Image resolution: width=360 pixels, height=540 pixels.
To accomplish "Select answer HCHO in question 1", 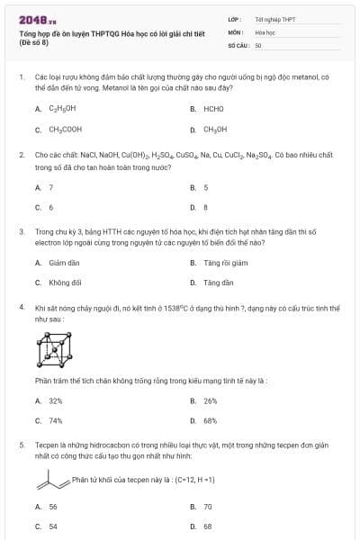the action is point(213,109).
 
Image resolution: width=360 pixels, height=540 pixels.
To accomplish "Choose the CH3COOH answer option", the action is point(65,130).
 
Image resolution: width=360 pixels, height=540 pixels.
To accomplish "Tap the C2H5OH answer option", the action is point(62,109).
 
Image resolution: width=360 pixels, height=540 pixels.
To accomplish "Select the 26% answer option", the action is point(211,400).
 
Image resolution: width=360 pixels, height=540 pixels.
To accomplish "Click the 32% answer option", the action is point(56,400).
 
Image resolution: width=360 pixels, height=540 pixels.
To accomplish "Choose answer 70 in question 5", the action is point(208,507).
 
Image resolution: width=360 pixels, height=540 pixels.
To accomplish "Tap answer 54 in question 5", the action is point(53,526).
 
